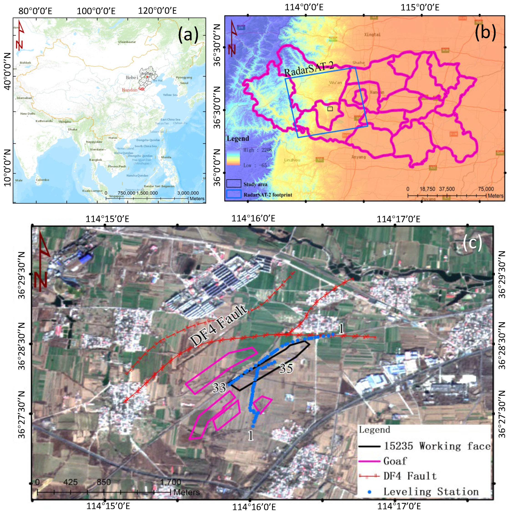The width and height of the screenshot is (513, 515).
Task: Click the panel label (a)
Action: [x=188, y=35]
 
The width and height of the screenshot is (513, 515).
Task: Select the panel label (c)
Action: [x=472, y=243]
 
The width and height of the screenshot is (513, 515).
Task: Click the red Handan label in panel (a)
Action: [x=130, y=90]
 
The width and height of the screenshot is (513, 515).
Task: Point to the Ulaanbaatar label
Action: [x=127, y=42]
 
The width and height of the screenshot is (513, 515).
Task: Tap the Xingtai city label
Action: [x=372, y=34]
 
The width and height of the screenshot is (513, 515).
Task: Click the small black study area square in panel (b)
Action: [x=330, y=109]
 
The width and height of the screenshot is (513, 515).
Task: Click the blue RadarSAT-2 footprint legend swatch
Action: [x=234, y=194]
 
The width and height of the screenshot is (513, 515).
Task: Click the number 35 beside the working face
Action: [x=286, y=368]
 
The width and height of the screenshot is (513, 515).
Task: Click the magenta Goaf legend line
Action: [x=369, y=461]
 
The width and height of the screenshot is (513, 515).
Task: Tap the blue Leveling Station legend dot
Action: [x=369, y=492]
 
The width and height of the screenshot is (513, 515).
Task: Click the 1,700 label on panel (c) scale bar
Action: [x=170, y=482]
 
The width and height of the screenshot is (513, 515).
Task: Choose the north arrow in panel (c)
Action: [x=43, y=261]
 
